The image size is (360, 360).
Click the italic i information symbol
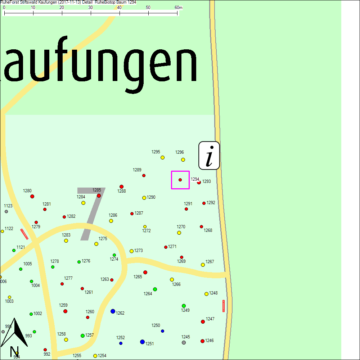pyautogui.click(x=209, y=156)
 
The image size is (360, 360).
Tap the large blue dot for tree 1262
pyautogui.click(x=113, y=311)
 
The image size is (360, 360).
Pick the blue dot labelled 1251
pyautogui.click(x=142, y=342)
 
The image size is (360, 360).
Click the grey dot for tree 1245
pyautogui.click(x=184, y=342)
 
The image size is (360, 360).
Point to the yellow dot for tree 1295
pyautogui.click(x=162, y=157)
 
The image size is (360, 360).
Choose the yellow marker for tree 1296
pyautogui.click(x=183, y=159)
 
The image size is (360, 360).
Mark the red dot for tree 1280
pyautogui.click(x=32, y=196)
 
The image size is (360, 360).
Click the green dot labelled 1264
pyautogui.click(x=155, y=289)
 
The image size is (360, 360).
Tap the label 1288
pyautogui.click(x=122, y=191)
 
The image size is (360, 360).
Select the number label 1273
pyautogui.click(x=139, y=251)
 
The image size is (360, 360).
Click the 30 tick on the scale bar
pyautogui.click(x=91, y=13)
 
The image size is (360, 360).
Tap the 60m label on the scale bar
pyautogui.click(x=179, y=8)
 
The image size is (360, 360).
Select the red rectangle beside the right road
pyautogui.click(x=224, y=306)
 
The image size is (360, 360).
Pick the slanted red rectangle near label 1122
pyautogui.click(x=24, y=234)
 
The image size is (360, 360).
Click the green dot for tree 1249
pyautogui.click(x=184, y=306)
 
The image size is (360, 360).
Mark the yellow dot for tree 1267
pyautogui.click(x=203, y=265)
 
